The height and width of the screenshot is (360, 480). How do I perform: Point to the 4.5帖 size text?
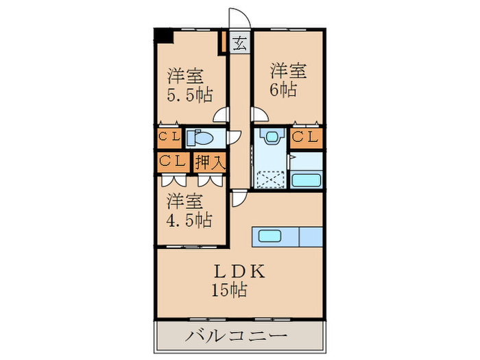189,220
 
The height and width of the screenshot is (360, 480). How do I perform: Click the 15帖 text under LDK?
229,289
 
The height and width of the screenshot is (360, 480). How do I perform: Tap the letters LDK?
238,270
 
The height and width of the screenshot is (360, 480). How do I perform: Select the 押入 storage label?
210,163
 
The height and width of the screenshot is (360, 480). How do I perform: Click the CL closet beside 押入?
173,163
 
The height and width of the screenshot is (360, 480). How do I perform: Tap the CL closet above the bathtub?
306,138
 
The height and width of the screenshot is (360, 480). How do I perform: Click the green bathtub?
306,180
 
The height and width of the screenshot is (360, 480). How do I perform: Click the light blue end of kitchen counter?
311,237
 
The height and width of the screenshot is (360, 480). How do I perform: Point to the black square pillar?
164,36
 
